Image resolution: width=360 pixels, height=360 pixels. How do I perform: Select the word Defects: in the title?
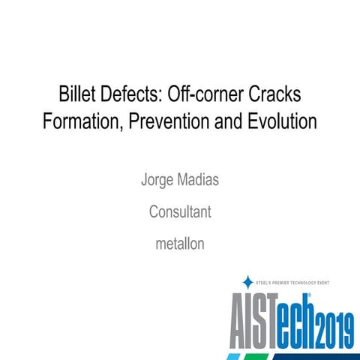pyautogui.click(x=133, y=96)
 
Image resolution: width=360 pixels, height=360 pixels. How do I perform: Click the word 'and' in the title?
pyautogui.click(x=233, y=120)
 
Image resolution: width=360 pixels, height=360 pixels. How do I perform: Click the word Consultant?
pyautogui.click(x=180, y=212)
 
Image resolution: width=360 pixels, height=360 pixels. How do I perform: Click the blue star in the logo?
pyautogui.click(x=248, y=282)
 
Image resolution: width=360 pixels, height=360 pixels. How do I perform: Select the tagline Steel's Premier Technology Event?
pyautogui.click(x=304, y=283)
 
